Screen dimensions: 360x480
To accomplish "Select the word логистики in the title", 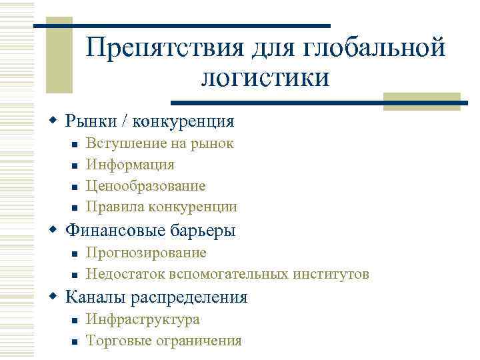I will pos(265,77).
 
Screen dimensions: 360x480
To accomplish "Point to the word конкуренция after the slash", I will pos(184,121).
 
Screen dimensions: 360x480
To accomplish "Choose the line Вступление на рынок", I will pos(160,143).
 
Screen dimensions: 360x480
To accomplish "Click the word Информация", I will pos(131,165).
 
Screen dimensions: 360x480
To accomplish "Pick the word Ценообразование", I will pos(146,186).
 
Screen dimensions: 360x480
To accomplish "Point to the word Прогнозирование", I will pos(147,253).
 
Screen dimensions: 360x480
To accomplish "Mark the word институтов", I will pos(331,274).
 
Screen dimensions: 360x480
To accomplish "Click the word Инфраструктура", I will pos(143,319).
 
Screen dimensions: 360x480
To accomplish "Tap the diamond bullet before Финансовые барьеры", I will pos(55,231).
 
